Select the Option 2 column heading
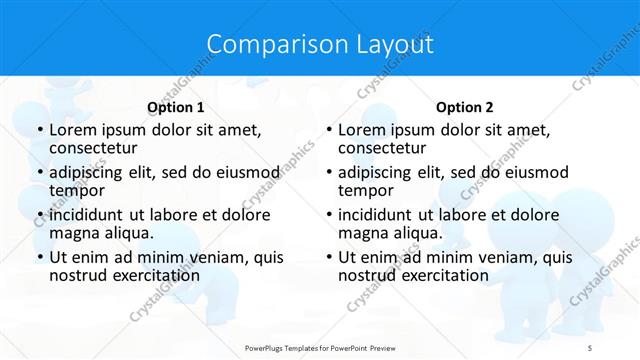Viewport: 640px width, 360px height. [464, 108]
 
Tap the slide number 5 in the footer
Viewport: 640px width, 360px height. [590, 347]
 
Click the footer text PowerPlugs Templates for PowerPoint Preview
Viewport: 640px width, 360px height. [319, 347]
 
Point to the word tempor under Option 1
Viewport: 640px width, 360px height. [77, 192]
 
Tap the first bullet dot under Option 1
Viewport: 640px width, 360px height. [39, 130]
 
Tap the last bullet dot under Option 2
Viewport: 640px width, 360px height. [328, 257]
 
